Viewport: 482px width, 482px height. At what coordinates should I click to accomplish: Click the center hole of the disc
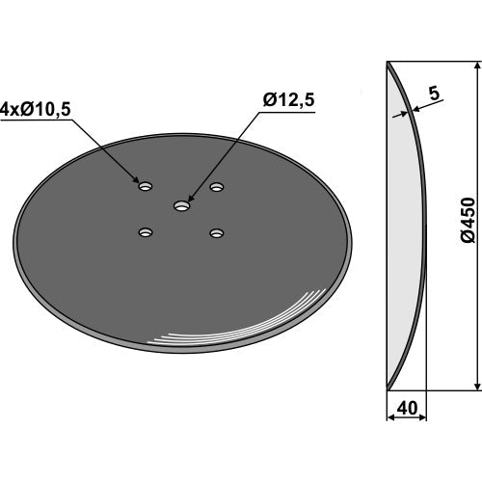click(182, 206)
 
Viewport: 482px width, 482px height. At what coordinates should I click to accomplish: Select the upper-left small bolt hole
click(146, 186)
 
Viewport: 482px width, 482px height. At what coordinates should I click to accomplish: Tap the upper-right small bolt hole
click(217, 186)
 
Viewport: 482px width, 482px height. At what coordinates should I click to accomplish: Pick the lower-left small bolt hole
click(146, 232)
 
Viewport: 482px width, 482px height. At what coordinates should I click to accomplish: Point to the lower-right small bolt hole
click(217, 233)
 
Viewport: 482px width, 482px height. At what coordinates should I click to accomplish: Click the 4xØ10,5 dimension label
click(36, 110)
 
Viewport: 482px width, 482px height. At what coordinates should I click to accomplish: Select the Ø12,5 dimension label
click(288, 100)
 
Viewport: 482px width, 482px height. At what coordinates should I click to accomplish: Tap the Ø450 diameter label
click(468, 220)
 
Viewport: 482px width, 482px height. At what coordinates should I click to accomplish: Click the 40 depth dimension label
click(407, 408)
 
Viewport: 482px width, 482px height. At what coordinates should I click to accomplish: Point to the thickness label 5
click(434, 94)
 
